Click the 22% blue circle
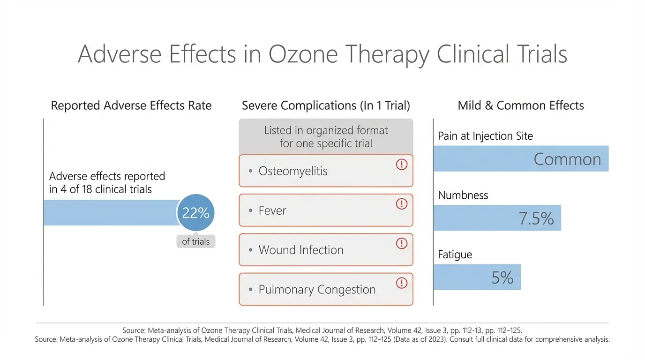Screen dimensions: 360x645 point(195,213)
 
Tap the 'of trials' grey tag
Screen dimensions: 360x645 point(196,241)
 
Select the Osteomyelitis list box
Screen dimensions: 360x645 point(325,171)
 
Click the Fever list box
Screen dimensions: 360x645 point(325,210)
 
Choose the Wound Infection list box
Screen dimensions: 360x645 point(325,250)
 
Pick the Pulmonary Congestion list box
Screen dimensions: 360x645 point(325,289)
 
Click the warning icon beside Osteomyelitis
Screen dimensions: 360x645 point(402,165)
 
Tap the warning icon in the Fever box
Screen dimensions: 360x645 point(402,204)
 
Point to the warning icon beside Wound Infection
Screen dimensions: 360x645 point(402,243)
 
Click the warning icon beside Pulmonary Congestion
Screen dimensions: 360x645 point(402,283)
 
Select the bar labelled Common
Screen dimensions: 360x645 point(521,158)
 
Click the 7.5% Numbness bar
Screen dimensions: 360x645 point(497,218)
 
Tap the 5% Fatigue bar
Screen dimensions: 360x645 point(477,277)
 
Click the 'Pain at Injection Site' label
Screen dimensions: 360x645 point(485,136)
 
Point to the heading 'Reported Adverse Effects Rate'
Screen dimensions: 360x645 point(131,105)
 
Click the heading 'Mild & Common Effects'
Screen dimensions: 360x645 point(521,105)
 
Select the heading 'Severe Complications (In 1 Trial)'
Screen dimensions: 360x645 point(326,105)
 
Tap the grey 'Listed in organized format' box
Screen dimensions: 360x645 point(326,136)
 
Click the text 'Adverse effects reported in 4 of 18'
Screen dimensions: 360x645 point(107,183)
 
